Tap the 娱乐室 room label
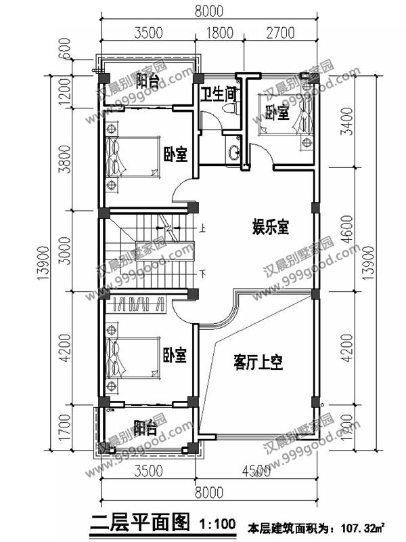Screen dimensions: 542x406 point(271,227)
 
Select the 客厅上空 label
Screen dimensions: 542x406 point(258,362)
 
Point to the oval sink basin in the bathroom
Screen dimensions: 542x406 point(235,151)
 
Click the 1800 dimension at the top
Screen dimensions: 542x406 point(219,31)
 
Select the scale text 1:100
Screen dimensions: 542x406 point(219,523)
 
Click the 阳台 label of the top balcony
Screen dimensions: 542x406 point(147,81)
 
